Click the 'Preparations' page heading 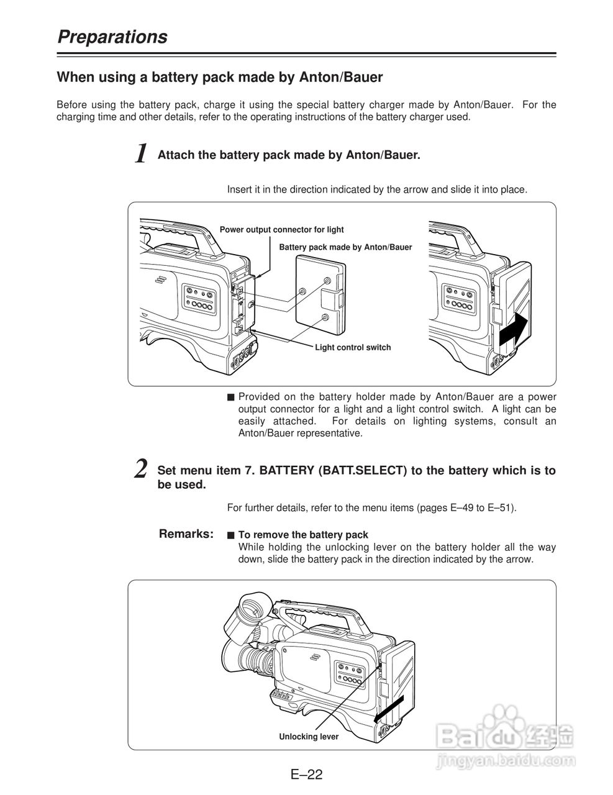click(x=112, y=37)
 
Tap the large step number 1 click(x=142, y=153)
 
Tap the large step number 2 click(x=142, y=469)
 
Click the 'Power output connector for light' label click(x=281, y=230)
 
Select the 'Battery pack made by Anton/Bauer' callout click(x=345, y=247)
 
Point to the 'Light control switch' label click(x=353, y=347)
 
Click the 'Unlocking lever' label click(x=309, y=737)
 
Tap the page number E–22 click(x=306, y=775)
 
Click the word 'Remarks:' click(x=186, y=534)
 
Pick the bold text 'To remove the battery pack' click(x=303, y=535)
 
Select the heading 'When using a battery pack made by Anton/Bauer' click(x=220, y=78)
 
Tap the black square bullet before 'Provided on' click(x=230, y=397)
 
